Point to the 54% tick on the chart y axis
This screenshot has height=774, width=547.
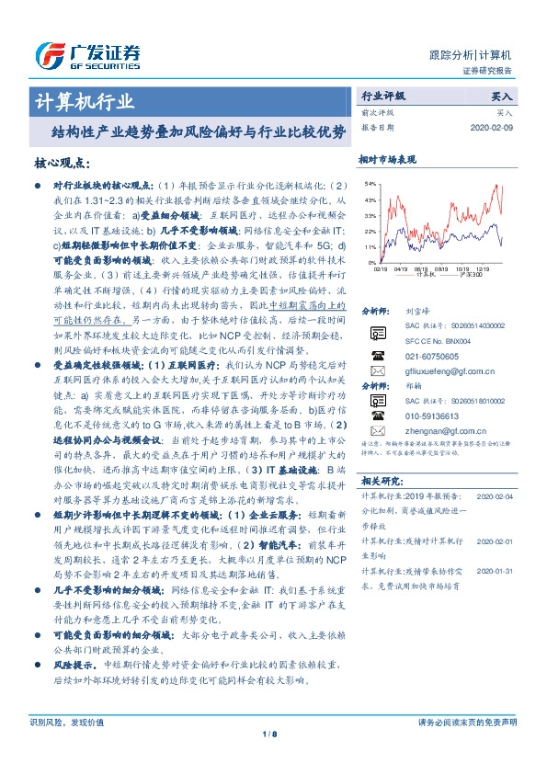(x=370, y=184)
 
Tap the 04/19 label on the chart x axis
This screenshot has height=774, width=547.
(x=405, y=268)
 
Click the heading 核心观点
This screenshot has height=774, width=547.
(x=60, y=163)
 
